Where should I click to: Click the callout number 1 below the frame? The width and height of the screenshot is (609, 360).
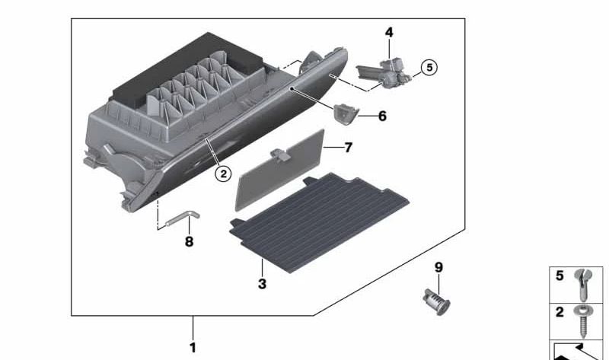(193, 347)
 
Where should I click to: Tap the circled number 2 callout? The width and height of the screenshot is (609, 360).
(223, 174)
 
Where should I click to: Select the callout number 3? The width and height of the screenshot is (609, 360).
(262, 283)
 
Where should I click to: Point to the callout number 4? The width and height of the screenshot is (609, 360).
(389, 32)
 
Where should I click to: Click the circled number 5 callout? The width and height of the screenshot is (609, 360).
(429, 67)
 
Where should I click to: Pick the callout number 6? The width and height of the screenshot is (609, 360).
(383, 116)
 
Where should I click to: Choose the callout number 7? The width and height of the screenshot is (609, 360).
(349, 148)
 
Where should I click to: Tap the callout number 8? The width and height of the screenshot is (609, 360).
(189, 241)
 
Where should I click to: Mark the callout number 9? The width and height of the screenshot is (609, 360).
(438, 267)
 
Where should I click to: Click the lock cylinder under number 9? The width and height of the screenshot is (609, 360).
(436, 301)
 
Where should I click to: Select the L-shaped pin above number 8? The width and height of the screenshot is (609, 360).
(183, 219)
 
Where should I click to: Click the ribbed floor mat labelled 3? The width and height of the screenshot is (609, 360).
(318, 221)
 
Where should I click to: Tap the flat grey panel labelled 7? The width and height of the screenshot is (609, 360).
(279, 170)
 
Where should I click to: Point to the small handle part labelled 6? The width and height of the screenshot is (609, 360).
(345, 115)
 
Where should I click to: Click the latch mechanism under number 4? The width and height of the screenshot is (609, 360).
(384, 73)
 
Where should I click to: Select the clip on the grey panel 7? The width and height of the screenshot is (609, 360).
(279, 154)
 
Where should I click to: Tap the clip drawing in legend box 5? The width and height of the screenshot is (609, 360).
(583, 285)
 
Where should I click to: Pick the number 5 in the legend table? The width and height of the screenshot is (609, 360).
(560, 276)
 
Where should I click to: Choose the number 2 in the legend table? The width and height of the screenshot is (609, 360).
(560, 312)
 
